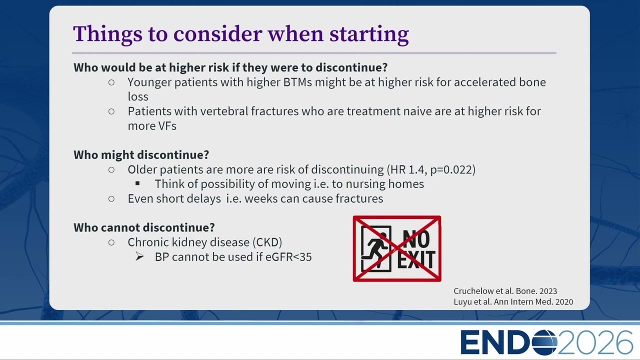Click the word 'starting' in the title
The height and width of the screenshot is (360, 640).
[369, 34]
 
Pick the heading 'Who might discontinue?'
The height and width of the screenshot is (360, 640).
[141, 155]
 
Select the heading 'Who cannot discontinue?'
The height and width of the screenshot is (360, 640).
[144, 227]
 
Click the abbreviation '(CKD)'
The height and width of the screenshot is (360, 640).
[267, 242]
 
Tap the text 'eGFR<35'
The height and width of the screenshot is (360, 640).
[288, 257]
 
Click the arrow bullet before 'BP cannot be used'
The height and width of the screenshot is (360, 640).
[139, 256]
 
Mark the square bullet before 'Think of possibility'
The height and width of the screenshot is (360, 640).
[137, 183]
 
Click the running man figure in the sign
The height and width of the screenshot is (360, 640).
[375, 248]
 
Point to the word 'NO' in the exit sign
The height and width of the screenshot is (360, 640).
[416, 239]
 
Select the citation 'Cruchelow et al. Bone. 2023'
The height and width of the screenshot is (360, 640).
[505, 291]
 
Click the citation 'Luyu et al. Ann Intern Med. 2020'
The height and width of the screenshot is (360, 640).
[513, 301]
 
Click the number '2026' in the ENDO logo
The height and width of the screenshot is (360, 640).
[595, 342]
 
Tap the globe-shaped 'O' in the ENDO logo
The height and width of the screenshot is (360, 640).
[544, 342]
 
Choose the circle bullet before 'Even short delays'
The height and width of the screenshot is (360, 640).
[111, 199]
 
